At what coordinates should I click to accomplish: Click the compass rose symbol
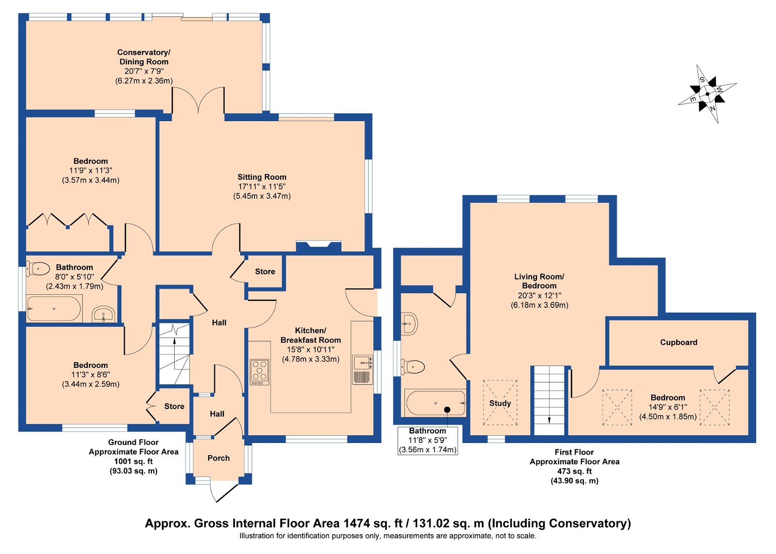tap(708, 94)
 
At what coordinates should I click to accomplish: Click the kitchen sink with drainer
tap(363, 369)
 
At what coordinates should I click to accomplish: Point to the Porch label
tap(219, 458)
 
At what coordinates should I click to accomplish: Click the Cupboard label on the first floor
tap(679, 343)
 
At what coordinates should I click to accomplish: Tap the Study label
tap(500, 403)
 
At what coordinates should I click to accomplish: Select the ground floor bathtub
tap(54, 308)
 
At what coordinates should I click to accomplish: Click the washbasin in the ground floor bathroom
tap(103, 314)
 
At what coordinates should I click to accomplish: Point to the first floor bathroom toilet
tap(413, 367)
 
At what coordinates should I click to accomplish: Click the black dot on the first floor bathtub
tap(447, 410)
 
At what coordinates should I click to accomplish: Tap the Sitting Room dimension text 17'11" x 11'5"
tap(262, 187)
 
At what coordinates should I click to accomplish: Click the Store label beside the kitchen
tap(265, 271)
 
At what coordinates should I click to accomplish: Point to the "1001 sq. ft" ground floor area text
tap(133, 461)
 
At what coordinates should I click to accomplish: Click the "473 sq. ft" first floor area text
tap(574, 471)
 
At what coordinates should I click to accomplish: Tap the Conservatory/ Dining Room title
tap(144, 57)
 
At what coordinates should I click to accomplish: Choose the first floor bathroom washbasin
tap(410, 324)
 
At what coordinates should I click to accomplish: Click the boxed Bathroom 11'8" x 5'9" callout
tap(427, 440)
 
